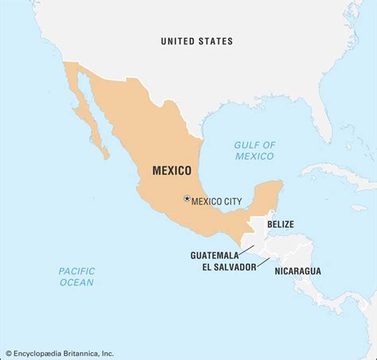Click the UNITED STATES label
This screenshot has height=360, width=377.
point(196,41)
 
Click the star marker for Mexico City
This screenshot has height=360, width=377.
point(187,199)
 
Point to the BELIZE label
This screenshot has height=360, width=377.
point(280,224)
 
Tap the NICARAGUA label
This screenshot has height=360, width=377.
point(297,271)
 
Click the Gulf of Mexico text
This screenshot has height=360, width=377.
point(255,150)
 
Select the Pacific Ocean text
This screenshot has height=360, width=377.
point(76,277)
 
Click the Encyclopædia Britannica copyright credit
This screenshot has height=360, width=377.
point(59,354)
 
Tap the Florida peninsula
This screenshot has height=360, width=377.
point(322,119)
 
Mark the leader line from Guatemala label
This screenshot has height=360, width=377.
point(247,250)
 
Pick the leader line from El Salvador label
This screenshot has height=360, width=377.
point(265,261)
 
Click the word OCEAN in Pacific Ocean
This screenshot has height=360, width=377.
point(76,282)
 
